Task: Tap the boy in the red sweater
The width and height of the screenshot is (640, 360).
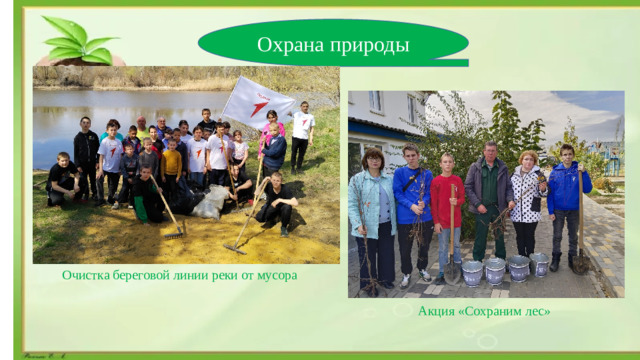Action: coord(447,205)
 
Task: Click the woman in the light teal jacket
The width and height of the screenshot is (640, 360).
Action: coord(371,205)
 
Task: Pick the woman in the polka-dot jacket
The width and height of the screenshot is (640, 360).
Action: coord(526,200)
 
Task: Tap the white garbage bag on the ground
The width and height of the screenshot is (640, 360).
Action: coord(210,203)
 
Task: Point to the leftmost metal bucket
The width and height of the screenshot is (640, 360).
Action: coord(471,272)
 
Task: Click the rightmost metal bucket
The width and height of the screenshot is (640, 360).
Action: coord(539,264)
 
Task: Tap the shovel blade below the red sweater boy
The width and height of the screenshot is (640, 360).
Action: coord(452,271)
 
